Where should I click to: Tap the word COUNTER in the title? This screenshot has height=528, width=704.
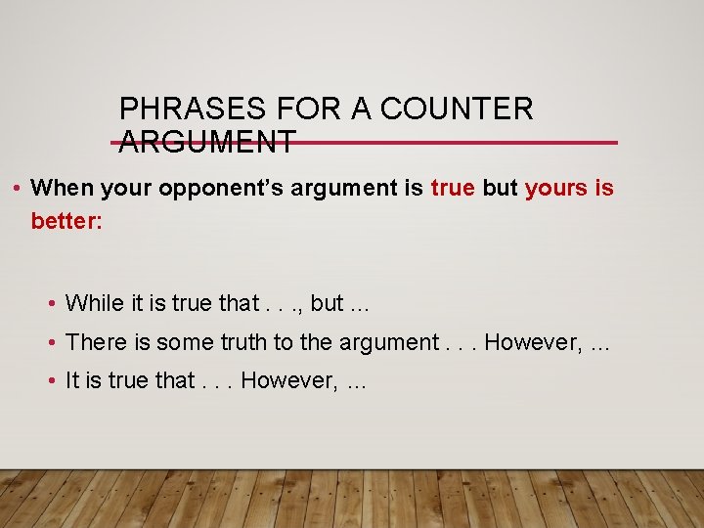(x=457, y=109)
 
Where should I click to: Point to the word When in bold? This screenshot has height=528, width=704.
(x=62, y=187)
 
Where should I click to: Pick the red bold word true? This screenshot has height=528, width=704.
(x=452, y=187)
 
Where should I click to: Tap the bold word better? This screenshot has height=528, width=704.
(x=66, y=222)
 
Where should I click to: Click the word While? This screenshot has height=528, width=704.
(x=93, y=303)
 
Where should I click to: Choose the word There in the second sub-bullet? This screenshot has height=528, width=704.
(x=94, y=342)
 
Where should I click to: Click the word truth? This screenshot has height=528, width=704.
(x=248, y=342)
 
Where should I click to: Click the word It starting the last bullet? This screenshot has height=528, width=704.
(x=71, y=380)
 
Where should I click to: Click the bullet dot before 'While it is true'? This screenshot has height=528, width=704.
(x=51, y=304)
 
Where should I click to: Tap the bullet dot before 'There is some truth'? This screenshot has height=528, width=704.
(x=51, y=343)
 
